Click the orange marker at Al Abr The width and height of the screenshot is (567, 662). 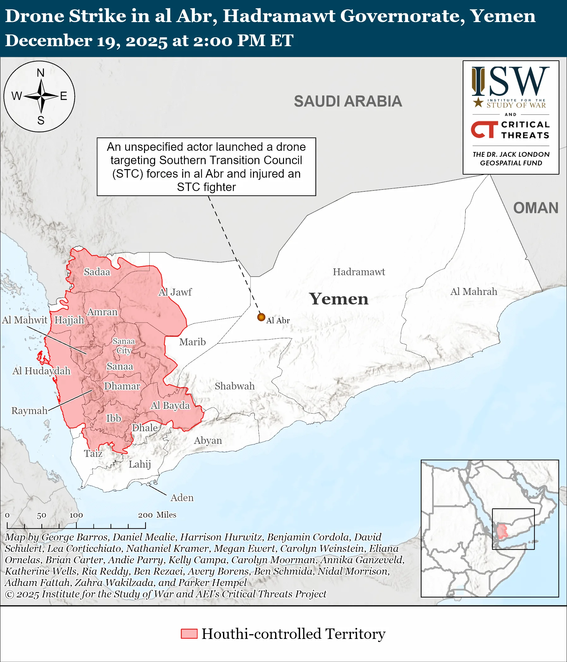pos(261,317)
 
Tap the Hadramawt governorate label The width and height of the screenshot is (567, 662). pos(359,272)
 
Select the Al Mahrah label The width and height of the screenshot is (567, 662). pos(474,291)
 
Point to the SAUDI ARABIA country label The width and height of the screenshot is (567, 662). pos(348,101)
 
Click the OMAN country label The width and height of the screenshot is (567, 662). pos(535,208)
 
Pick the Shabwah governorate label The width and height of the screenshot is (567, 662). pos(234,386)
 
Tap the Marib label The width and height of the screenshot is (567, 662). pos(192,342)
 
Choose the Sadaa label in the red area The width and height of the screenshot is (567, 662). pos(97,272)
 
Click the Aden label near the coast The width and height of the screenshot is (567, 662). pos(182,498)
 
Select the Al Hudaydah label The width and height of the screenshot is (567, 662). pos(41,371)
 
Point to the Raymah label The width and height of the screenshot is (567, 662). pos(29,411)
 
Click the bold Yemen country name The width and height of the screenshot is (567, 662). pos(339,299)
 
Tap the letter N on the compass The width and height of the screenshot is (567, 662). pos(40,73)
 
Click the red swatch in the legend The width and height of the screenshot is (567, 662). pos(189,634)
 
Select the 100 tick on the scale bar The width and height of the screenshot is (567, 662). pos(76,515)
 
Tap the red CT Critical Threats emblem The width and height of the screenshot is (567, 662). pos(484,130)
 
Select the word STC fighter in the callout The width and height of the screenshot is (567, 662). pos(206,187)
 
